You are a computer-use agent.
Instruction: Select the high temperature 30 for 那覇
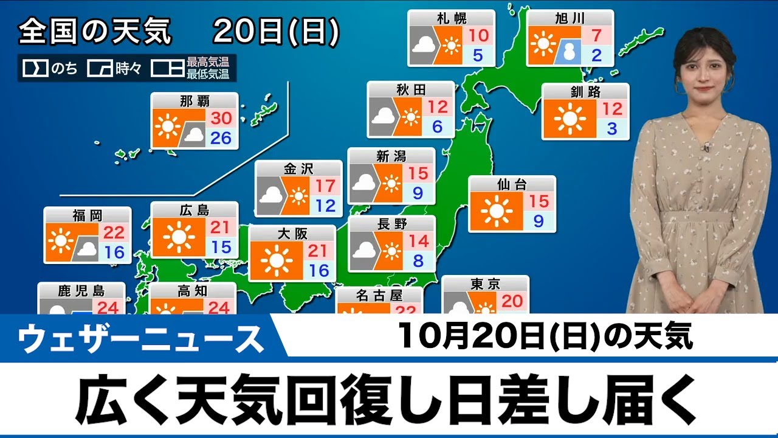tap(221, 117)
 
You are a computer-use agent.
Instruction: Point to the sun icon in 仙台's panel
tap(495, 211)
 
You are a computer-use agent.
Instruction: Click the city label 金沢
tap(298, 169)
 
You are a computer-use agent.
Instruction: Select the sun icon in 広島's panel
tap(178, 237)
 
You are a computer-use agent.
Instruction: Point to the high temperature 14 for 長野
tap(419, 240)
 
